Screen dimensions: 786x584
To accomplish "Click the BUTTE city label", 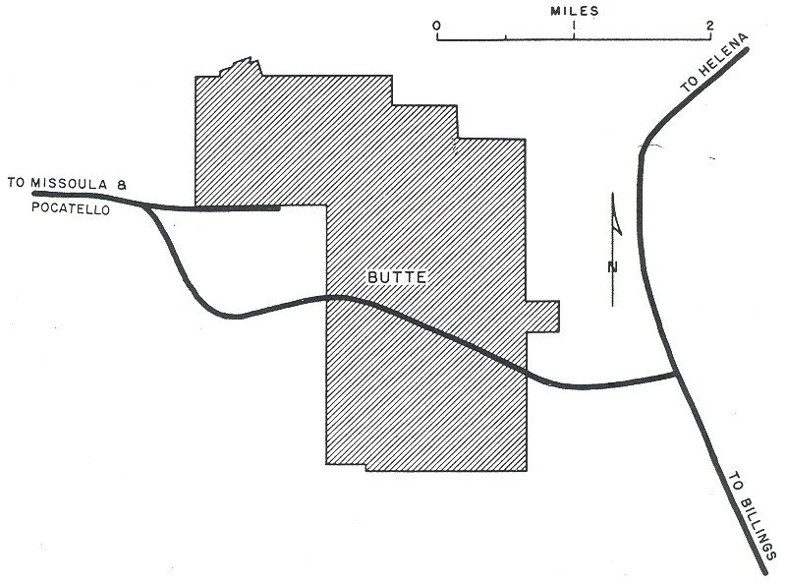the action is (397, 278).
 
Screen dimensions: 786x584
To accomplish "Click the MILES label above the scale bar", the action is (574, 11).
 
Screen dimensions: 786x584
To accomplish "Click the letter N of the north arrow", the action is (613, 267).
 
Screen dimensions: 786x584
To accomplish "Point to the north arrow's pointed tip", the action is (613, 195).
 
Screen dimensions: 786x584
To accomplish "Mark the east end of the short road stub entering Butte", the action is (279, 208).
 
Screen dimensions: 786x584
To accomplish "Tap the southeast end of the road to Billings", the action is (762, 569).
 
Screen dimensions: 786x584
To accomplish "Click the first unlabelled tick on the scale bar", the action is (505, 37).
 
